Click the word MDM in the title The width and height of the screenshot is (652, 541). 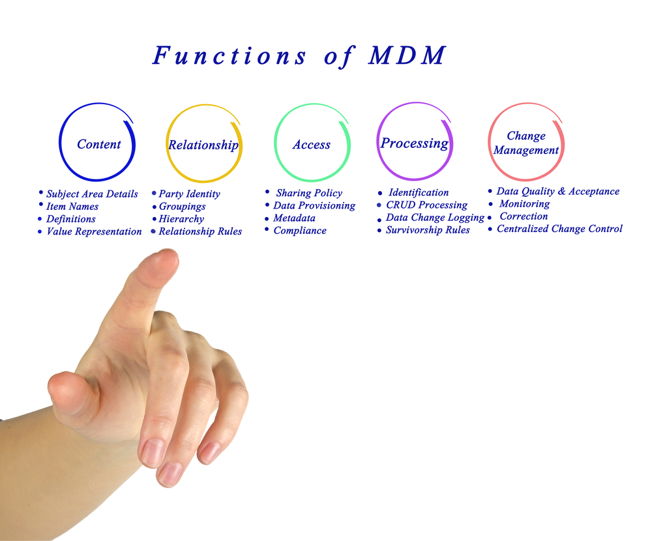(x=407, y=55)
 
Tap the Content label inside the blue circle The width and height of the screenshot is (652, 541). (x=99, y=144)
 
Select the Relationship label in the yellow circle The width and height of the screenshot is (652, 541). (x=203, y=145)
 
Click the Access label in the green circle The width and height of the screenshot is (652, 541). (x=312, y=145)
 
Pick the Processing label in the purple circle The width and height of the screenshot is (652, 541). (x=415, y=143)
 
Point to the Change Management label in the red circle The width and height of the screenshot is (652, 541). (x=526, y=143)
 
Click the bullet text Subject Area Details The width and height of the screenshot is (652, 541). (x=92, y=194)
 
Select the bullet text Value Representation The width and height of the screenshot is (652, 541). (x=94, y=231)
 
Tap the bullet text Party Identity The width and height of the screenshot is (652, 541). (x=190, y=194)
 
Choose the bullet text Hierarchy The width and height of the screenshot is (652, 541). (x=181, y=219)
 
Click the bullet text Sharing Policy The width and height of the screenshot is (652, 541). (x=309, y=194)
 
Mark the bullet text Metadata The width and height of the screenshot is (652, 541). (x=295, y=218)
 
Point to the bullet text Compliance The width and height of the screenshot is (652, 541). (x=300, y=231)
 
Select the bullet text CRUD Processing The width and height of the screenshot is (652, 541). (x=426, y=205)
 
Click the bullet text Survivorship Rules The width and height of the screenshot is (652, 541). (x=428, y=230)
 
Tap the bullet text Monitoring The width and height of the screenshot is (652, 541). (x=524, y=204)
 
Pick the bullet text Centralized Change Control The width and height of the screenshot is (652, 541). (x=559, y=229)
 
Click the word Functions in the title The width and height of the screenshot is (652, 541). (x=229, y=55)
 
